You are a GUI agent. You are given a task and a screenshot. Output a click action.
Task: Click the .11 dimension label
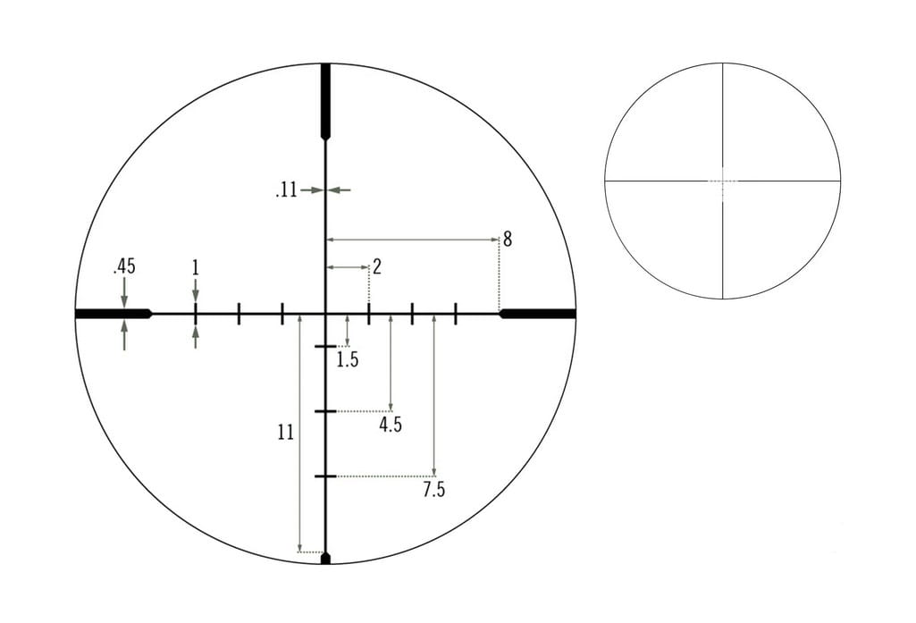tap(286, 189)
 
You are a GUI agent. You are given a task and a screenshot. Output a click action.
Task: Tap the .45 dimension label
tap(124, 266)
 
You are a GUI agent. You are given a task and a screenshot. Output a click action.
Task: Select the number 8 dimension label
tap(507, 239)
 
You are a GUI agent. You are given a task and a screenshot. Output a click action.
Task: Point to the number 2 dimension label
tap(377, 267)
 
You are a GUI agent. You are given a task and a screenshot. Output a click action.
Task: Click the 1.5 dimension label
tap(347, 360)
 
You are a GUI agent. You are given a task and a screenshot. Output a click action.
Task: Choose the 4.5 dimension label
tap(391, 425)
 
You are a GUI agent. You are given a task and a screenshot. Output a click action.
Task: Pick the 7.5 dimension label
tap(433, 490)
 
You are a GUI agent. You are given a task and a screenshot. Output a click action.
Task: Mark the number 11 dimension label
tap(286, 433)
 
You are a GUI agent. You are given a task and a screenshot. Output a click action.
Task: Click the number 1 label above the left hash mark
tap(195, 267)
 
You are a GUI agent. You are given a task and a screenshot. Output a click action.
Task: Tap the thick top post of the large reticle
tap(325, 100)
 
